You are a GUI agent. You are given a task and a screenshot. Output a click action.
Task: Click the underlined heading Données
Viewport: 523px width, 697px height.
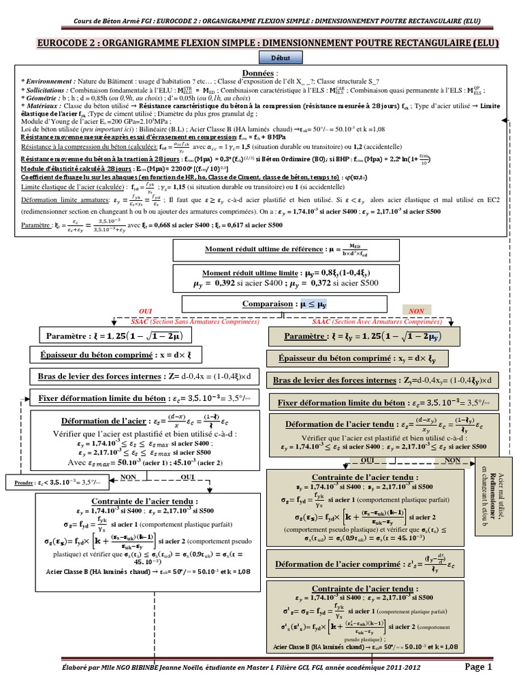point(261,72)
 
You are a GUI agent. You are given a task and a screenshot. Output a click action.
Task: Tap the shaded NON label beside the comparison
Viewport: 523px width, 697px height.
point(417,310)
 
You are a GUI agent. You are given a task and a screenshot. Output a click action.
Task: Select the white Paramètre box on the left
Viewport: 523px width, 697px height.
point(114,336)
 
